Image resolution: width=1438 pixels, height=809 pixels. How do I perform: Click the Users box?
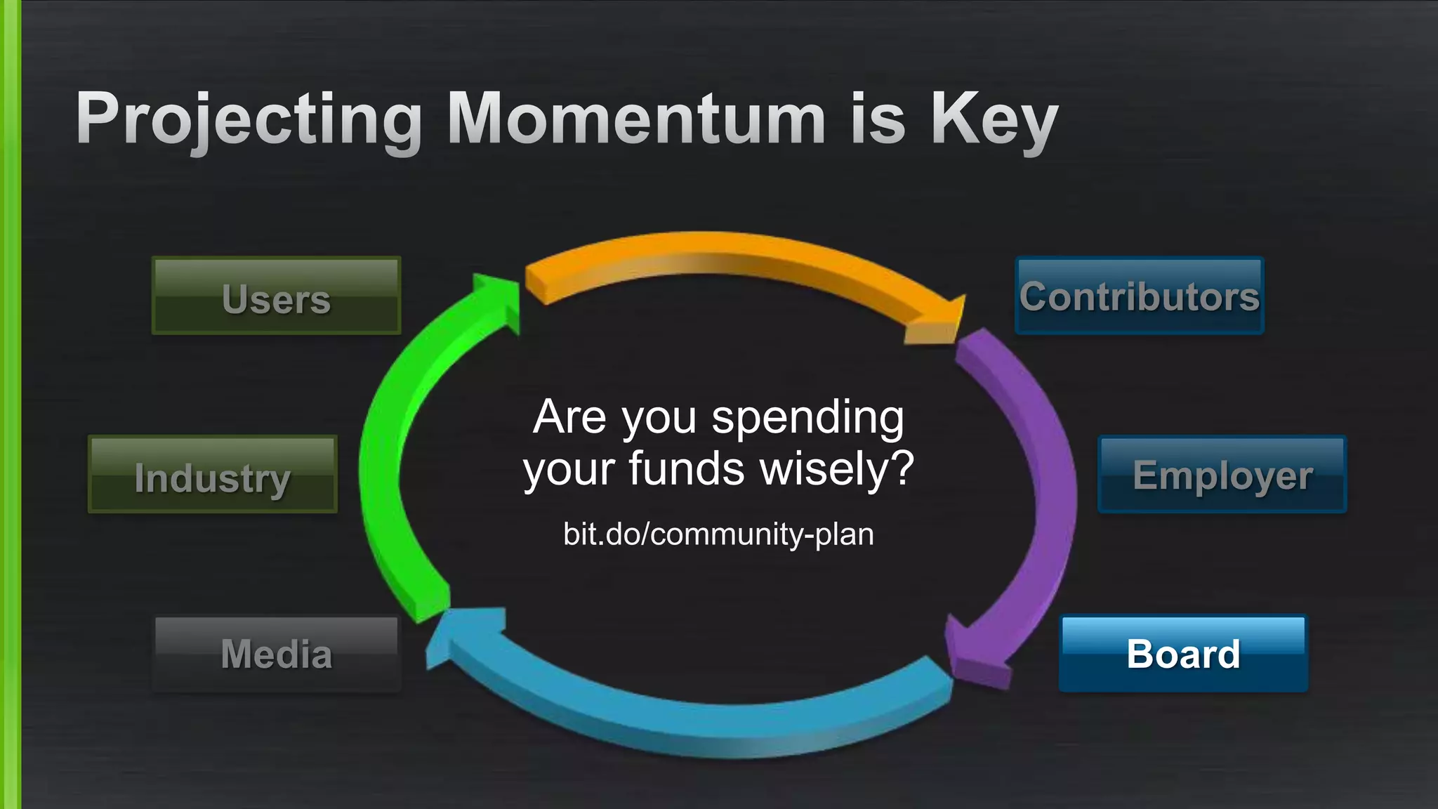(x=276, y=296)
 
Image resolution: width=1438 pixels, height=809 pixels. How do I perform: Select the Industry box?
(x=212, y=475)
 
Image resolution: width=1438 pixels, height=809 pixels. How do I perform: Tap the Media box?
(x=276, y=655)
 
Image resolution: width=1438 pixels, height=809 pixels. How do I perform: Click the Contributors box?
(x=1139, y=296)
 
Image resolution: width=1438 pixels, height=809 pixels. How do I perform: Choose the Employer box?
(x=1222, y=475)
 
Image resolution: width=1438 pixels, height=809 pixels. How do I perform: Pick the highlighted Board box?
(x=1183, y=655)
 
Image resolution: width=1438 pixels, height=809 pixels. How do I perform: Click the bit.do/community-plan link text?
(x=718, y=534)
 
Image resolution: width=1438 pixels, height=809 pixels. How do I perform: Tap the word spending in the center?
(x=807, y=419)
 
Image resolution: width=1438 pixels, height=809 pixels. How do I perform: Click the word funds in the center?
(x=686, y=468)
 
